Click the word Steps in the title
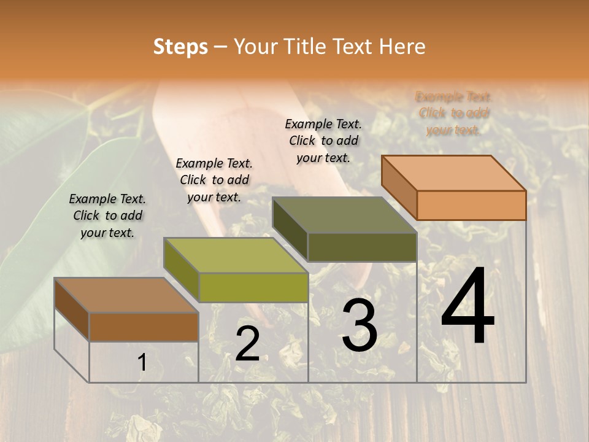coord(180,47)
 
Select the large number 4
coord(468,307)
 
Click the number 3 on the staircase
coord(359,325)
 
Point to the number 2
coord(247,344)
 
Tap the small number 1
coord(142,363)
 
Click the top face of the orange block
coord(454,173)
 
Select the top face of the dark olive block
coord(345,215)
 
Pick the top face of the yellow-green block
coord(236,255)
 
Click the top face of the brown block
coord(126,295)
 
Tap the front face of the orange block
coord(471,205)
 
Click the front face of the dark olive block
coord(362,247)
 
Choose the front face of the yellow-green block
coord(253,287)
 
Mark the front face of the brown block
coord(144,327)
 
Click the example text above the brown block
coord(107,215)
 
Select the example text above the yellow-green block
coord(214,180)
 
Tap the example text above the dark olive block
coord(323,141)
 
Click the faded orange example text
coord(453,113)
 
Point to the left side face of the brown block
coord(72,309)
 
